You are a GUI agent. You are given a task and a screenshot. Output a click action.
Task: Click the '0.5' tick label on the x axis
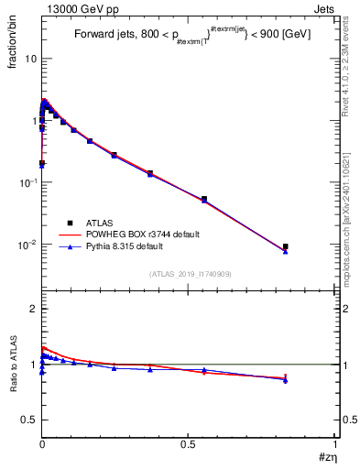[189, 442]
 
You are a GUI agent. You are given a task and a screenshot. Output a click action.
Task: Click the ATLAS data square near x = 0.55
[204, 199]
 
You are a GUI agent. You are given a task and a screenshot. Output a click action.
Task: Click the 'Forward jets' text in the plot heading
[103, 36]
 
